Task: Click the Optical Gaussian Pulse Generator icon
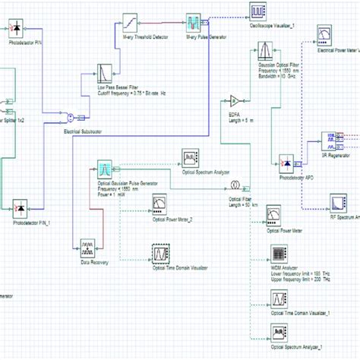tap(105, 169)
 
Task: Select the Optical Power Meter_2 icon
tap(160, 204)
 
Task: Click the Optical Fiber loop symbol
tap(236, 185)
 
